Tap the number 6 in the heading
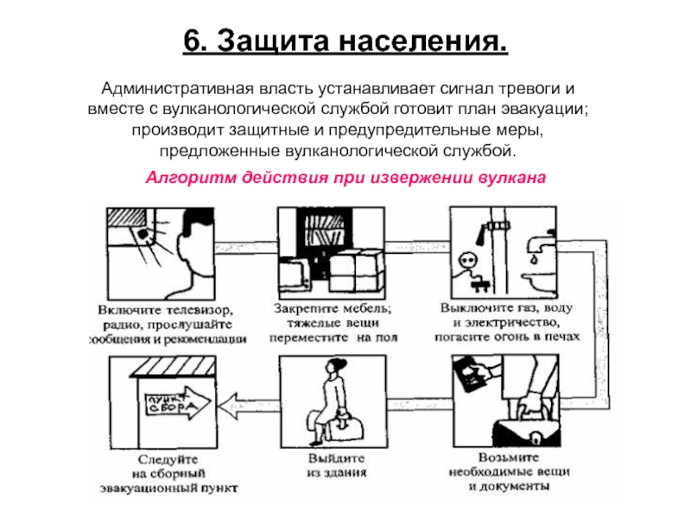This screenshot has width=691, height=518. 193,41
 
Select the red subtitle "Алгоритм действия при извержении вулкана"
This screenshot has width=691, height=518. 345,178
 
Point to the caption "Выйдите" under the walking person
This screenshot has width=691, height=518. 336,458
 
